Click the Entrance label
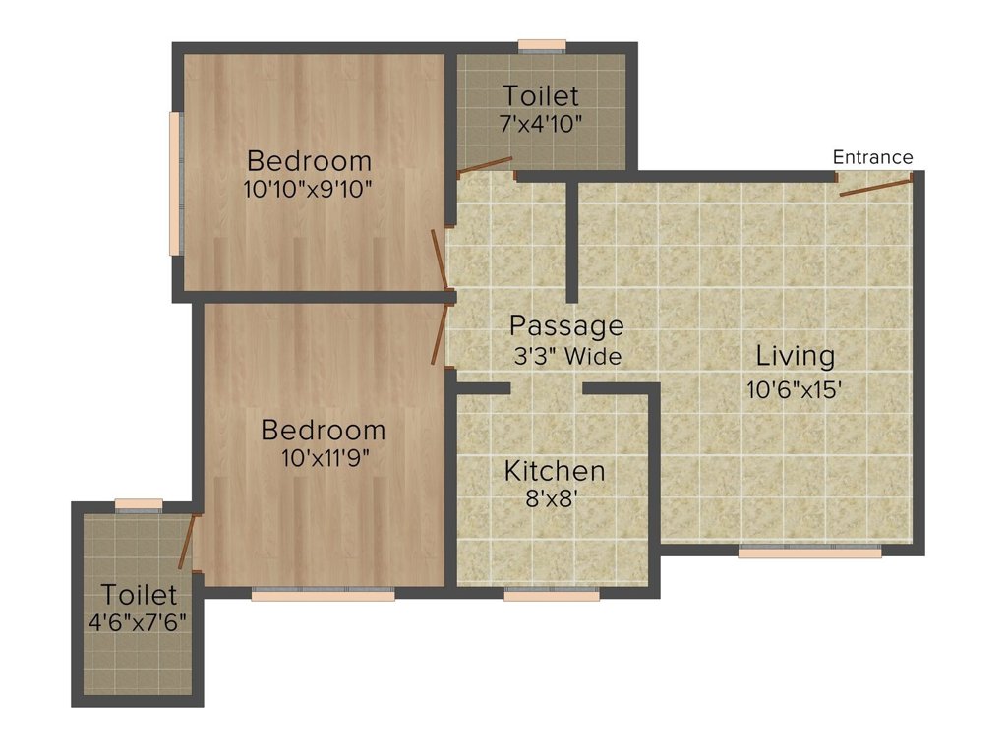(x=872, y=157)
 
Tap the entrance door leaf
(x=875, y=185)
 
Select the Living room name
(x=795, y=356)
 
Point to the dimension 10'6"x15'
(x=795, y=389)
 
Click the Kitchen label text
(x=555, y=472)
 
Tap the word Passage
(x=566, y=325)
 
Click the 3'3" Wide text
(x=567, y=356)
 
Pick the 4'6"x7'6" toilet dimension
(x=139, y=622)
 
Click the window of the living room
(x=809, y=552)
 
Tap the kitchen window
(x=552, y=594)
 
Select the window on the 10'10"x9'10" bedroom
(x=175, y=184)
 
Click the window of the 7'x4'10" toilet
(x=542, y=44)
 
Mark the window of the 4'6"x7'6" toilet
(x=138, y=504)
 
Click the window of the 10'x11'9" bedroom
(x=323, y=594)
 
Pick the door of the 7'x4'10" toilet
(x=485, y=165)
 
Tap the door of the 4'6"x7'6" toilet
(x=185, y=542)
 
